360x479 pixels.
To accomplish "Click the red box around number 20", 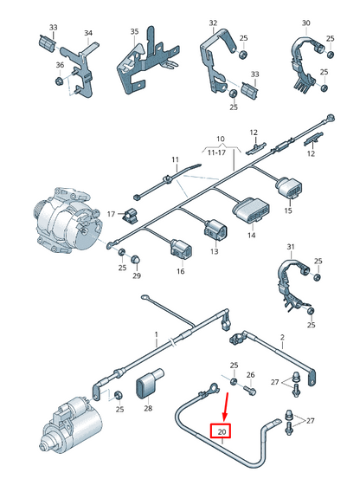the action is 222,431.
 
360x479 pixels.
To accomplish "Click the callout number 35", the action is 134,31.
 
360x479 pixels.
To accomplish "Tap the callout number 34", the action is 88,33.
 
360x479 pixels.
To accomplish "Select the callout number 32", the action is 213,23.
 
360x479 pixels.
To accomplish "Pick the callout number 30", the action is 305,23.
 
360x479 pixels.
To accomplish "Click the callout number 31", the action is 291,246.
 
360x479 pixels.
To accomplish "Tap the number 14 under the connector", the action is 251,235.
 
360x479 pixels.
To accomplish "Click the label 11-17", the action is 216,152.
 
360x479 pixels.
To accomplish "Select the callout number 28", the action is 148,408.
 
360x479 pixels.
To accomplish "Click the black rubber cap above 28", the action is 148,384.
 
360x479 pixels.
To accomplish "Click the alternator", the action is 67,221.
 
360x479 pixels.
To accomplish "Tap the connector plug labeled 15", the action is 289,186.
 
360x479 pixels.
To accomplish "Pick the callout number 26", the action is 250,375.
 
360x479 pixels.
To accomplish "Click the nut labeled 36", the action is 59,81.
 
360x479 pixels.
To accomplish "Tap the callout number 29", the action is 137,275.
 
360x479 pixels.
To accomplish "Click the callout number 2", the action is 282,337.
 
